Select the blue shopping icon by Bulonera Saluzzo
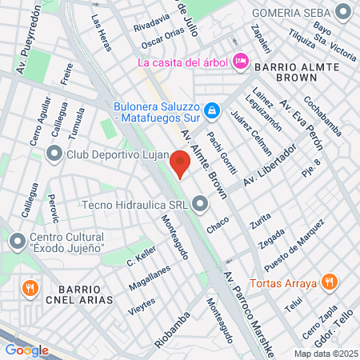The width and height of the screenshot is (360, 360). pos(212,110)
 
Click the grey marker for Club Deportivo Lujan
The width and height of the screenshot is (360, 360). pos(55,154)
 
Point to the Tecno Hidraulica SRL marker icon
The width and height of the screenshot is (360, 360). pos(200,204)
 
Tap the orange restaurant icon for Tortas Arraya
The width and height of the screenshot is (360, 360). pos(328,281)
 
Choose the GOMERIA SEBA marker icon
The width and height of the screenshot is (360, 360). pos(344,13)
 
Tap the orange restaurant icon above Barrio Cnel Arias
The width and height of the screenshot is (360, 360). pos(30,287)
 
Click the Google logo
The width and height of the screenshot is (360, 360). pos(26,350)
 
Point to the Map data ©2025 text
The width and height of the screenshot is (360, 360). pos(326,353)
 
